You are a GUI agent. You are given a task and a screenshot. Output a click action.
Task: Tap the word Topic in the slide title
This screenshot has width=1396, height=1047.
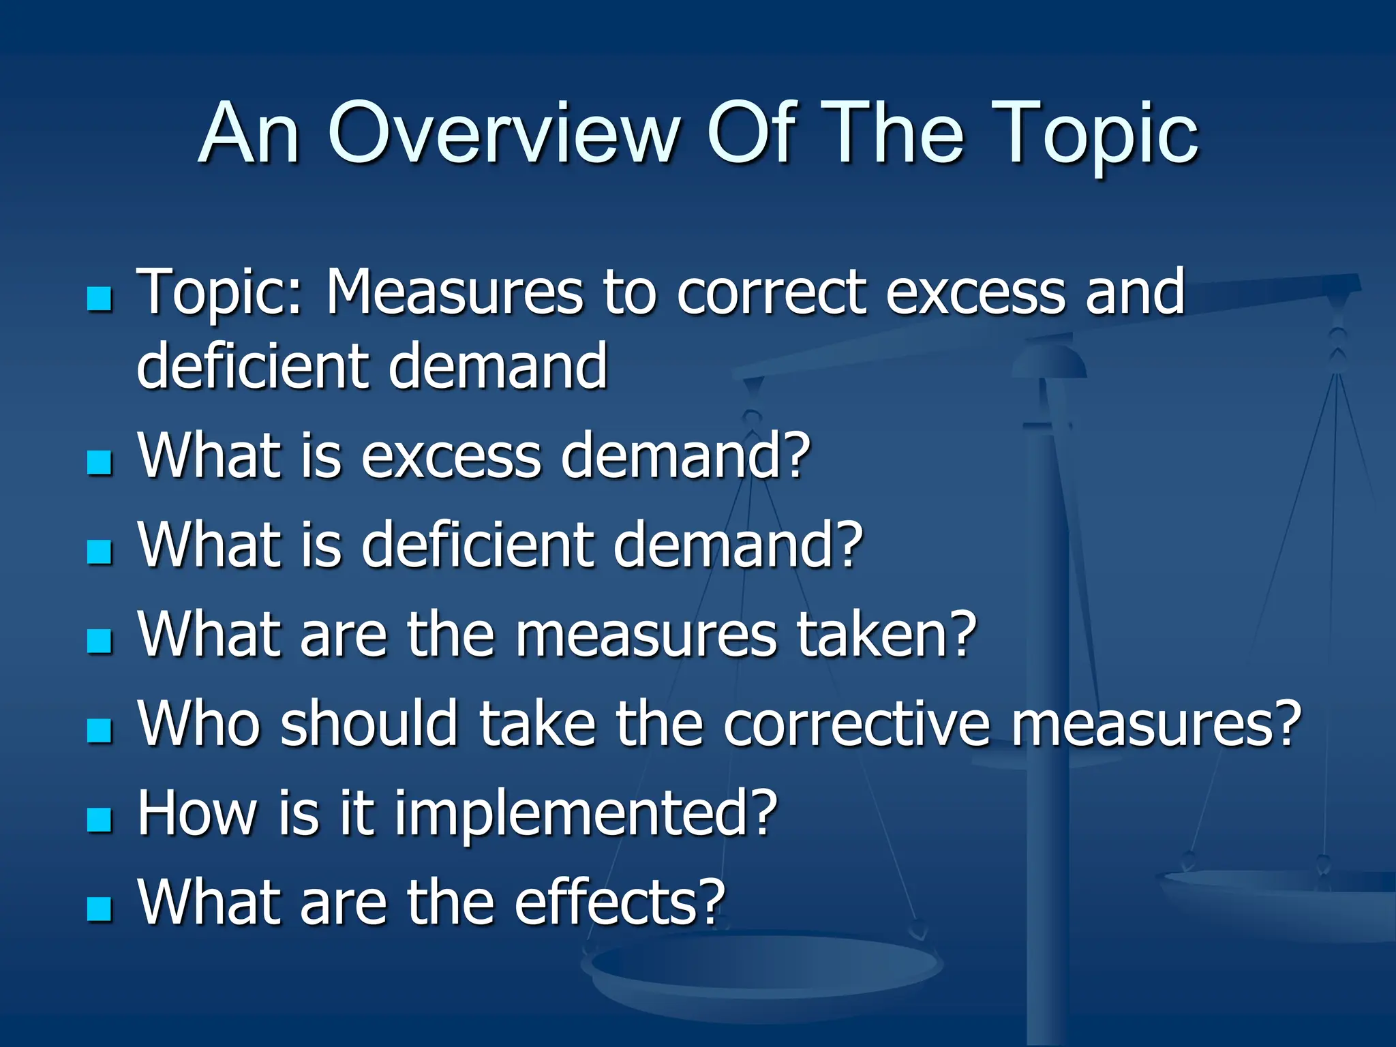tap(1097, 134)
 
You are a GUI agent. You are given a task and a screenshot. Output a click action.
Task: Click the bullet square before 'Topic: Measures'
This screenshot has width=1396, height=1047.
tap(100, 299)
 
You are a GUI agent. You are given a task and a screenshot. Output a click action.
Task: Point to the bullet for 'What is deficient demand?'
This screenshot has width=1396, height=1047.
tap(100, 551)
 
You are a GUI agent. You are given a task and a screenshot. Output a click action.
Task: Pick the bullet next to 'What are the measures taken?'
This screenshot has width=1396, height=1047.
tap(100, 641)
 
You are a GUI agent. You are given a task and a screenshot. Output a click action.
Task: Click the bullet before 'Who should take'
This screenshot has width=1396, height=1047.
tap(100, 730)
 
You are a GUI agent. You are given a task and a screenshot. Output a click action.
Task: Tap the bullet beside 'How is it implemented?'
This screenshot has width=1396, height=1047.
tap(100, 819)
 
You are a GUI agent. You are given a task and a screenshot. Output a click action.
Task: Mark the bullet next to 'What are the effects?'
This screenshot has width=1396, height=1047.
tap(100, 909)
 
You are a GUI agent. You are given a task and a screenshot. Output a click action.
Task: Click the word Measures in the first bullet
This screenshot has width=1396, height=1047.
tap(454, 292)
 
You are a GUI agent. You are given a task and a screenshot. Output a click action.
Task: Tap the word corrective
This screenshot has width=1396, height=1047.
tap(856, 723)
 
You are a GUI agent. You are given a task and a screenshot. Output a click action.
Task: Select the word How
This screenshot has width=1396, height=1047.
tap(198, 813)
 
